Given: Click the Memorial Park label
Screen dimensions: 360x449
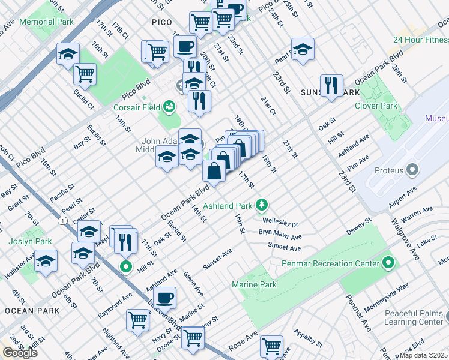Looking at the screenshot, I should pyautogui.click(x=46, y=22).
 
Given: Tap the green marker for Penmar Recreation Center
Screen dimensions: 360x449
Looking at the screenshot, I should pyautogui.click(x=388, y=263).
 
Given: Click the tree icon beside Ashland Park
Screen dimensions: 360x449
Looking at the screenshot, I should pyautogui.click(x=261, y=206).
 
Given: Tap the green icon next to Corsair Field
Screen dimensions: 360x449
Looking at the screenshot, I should pyautogui.click(x=169, y=107).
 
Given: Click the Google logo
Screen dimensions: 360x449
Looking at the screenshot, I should pyautogui.click(x=20, y=353).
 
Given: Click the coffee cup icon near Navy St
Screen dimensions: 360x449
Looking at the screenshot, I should pyautogui.click(x=164, y=297).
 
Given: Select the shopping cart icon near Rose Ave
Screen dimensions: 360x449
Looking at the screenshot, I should pyautogui.click(x=271, y=346).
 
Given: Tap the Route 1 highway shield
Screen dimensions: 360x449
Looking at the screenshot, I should pyautogui.click(x=63, y=221).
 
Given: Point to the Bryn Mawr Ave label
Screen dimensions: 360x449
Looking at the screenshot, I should pyautogui.click(x=280, y=233).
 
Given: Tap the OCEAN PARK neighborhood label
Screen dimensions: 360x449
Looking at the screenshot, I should pyautogui.click(x=32, y=311).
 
